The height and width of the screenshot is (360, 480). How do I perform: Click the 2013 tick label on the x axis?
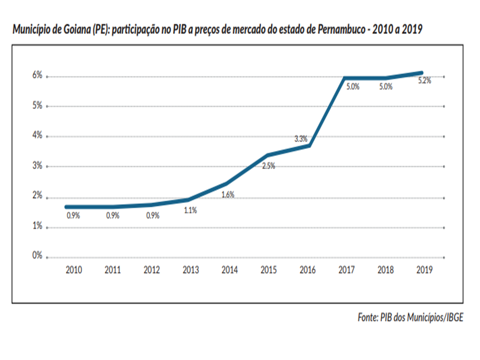pos(190,270)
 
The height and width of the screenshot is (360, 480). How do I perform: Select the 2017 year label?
pos(346,270)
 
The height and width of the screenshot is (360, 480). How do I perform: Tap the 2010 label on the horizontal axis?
pos(74,270)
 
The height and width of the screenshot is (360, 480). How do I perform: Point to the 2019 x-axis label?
pos(424,270)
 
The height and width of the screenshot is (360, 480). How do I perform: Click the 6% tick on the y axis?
pos(36,75)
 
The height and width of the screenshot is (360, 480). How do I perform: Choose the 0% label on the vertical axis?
pos(36,255)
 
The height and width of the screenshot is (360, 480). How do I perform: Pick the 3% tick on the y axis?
pos(36,166)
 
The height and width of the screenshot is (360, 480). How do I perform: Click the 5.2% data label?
pos(424,81)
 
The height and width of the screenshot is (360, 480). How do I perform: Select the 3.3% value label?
pos(300,139)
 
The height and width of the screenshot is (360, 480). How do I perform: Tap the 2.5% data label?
pos(268,166)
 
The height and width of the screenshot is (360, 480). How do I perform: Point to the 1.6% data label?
pos(228,195)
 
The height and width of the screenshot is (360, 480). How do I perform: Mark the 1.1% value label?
pos(190,210)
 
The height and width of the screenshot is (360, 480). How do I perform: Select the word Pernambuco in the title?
pos(343,29)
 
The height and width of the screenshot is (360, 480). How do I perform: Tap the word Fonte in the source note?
pos(368,317)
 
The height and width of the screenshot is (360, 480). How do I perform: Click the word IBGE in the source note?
pos(452,317)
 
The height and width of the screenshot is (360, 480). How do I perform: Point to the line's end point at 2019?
pos(421,73)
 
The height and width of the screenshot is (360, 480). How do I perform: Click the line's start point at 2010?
pos(66,207)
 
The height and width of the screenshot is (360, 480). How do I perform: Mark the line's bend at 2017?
pos(345,78)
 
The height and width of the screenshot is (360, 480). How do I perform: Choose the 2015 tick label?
pos(268,270)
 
